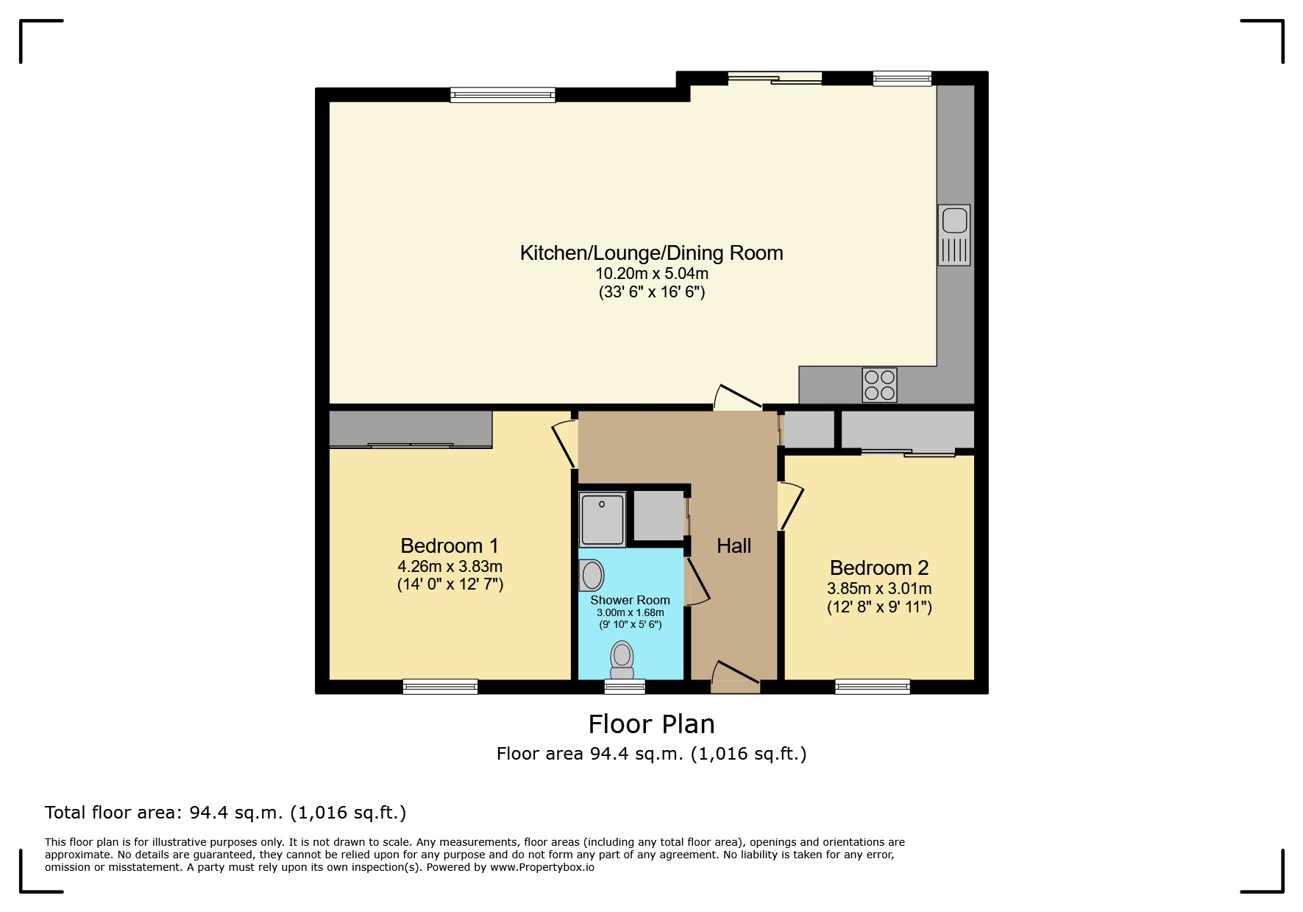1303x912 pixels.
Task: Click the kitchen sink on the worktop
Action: pos(954,234)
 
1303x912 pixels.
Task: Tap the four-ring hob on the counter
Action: pos(879,385)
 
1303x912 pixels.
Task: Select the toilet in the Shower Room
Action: pos(622,660)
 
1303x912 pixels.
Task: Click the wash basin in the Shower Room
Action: pos(592,575)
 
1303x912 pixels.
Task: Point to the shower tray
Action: pos(603,519)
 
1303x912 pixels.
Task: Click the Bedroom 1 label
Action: pos(449,545)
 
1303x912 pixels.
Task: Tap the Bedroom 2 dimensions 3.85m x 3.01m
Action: pos(879,589)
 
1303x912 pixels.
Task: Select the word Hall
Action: pos(734,545)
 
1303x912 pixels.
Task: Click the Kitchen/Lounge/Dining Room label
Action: pos(651,252)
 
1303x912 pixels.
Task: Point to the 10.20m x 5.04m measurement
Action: pos(651,273)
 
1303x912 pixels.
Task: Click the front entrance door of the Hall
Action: pos(734,677)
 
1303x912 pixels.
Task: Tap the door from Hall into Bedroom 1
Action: pos(565,443)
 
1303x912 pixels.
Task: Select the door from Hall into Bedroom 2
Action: pos(790,506)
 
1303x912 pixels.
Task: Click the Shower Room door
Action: pos(696,582)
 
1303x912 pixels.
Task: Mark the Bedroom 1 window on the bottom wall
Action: pos(440,687)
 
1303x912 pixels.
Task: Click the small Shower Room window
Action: pos(624,687)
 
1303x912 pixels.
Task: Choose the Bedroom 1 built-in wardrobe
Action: pos(410,429)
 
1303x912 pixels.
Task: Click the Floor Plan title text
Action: pos(651,724)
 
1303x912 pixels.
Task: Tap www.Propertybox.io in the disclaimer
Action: pos(542,867)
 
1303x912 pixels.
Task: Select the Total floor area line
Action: pos(225,813)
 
